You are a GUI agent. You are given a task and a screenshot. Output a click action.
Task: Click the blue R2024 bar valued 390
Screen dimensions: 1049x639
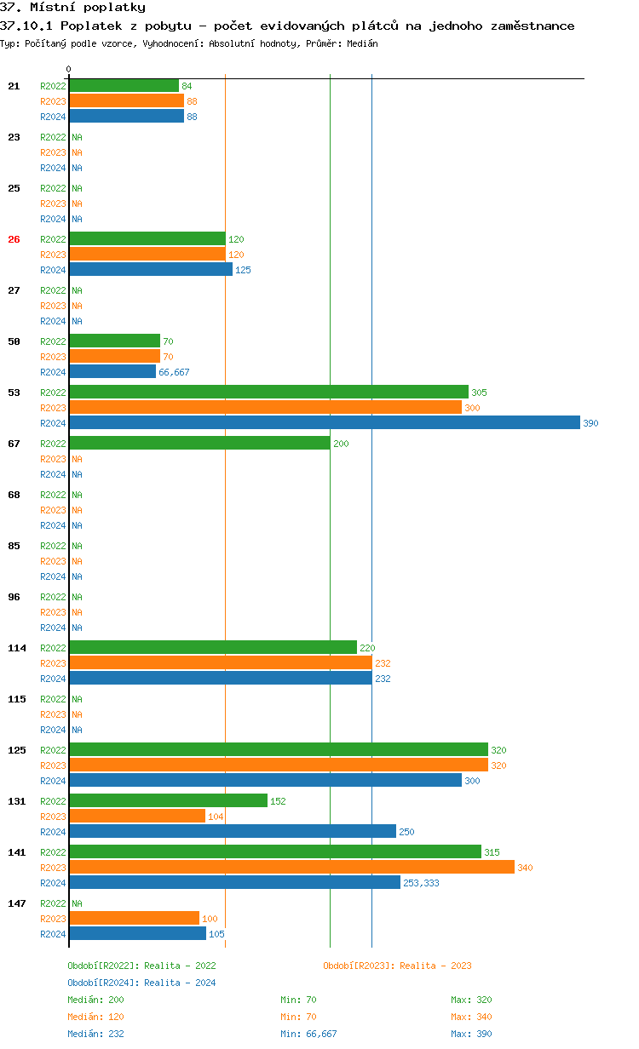324,423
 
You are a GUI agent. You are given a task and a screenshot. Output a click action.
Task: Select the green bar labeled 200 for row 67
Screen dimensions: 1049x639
199,444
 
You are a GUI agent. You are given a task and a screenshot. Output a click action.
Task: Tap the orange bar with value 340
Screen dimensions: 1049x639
291,868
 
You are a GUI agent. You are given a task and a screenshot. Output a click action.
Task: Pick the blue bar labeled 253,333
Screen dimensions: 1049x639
234,883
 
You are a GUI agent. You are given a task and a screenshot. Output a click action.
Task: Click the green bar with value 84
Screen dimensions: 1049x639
124,86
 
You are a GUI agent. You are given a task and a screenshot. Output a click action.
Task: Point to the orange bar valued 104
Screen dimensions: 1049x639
137,817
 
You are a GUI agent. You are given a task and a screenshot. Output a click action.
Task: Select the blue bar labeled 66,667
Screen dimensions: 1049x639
112,372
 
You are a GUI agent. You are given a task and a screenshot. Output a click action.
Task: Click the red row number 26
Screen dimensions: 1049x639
14,239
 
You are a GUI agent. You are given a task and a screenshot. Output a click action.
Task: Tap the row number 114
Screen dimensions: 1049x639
17,648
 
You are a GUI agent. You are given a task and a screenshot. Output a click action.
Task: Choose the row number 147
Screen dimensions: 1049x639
17,903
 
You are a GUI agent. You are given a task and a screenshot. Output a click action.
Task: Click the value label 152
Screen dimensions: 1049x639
278,801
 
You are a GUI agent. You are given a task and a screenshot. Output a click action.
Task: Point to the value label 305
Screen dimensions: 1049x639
479,393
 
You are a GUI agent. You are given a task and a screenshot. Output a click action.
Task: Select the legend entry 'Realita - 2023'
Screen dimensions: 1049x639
397,966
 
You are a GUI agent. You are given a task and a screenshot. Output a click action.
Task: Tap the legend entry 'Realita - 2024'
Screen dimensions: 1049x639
141,983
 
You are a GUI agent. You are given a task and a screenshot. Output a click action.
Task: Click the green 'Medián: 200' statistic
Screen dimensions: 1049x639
95,1000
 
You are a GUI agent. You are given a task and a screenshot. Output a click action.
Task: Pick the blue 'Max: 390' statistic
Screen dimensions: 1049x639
471,1034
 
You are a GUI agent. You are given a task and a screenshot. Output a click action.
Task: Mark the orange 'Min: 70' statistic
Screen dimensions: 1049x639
298,1017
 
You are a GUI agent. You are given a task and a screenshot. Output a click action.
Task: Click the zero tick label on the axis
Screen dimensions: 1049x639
69,70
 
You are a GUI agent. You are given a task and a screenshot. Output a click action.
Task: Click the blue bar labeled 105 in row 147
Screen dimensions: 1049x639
137,934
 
